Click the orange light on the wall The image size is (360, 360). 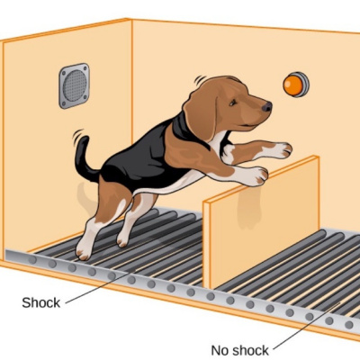[x=295, y=85]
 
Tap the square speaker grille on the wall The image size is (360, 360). [x=74, y=85]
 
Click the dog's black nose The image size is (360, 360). [x=267, y=106]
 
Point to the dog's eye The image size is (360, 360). [x=232, y=103]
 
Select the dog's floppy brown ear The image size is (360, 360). [x=200, y=111]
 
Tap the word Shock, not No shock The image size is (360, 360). [x=41, y=302]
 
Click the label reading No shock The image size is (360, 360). [x=240, y=350]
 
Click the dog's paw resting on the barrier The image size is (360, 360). [x=258, y=176]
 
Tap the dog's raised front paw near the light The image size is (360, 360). [x=282, y=150]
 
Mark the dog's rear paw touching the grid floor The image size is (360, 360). [x=83, y=251]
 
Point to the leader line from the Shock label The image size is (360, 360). [x=100, y=286]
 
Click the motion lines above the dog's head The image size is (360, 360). [x=199, y=80]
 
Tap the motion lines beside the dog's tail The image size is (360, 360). [x=77, y=137]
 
